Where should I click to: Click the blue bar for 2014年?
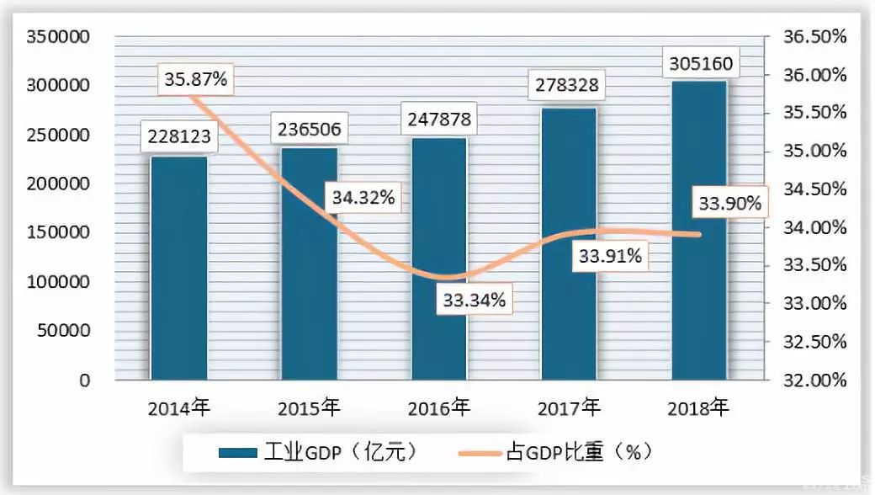[x=178, y=269]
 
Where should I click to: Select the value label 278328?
[x=570, y=86]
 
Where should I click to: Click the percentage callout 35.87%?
[x=195, y=80]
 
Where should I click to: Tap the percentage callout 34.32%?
[x=363, y=198]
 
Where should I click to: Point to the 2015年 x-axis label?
[x=309, y=410]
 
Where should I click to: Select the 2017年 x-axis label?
[x=570, y=410]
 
